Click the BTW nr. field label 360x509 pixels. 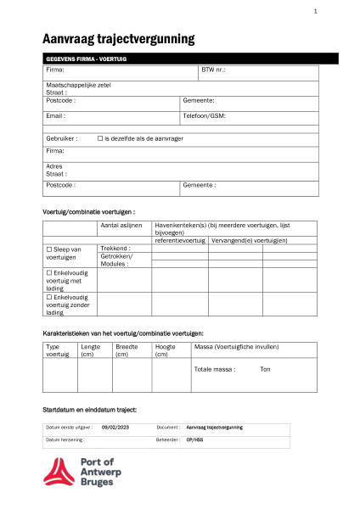(x=213, y=70)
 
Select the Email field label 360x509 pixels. (x=55, y=115)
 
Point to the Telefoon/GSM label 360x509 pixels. (x=204, y=115)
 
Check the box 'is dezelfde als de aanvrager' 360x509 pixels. (x=100, y=137)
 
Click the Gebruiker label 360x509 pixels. (x=61, y=137)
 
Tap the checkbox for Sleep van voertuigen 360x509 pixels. (x=48, y=249)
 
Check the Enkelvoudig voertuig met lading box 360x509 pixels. (x=48, y=273)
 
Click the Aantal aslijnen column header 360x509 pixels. (x=121, y=226)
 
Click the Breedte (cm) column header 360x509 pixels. (x=127, y=350)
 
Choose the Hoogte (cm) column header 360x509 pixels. (x=166, y=350)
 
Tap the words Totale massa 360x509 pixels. (x=214, y=369)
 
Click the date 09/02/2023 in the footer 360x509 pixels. (x=115, y=428)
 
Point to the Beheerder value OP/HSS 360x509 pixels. (x=194, y=440)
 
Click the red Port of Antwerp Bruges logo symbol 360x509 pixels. (x=59, y=472)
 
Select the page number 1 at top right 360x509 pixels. (x=315, y=11)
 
